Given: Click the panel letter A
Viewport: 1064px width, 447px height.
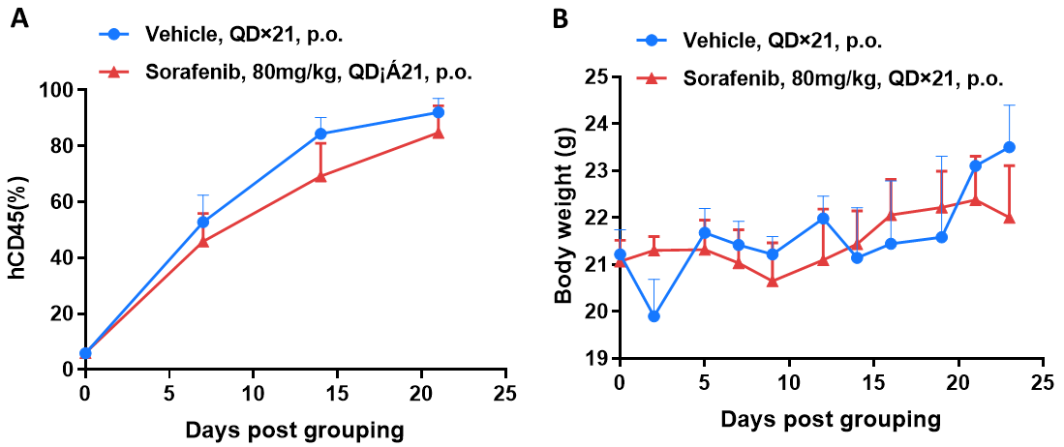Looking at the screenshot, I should click(x=17, y=18).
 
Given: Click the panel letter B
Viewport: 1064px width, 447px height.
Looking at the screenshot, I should click(x=560, y=18).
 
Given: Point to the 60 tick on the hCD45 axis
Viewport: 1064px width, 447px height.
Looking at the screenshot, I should click(x=64, y=202).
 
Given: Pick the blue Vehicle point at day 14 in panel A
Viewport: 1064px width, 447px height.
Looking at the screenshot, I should click(x=320, y=134).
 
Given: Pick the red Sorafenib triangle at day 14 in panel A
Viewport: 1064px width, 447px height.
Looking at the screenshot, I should click(x=320, y=176).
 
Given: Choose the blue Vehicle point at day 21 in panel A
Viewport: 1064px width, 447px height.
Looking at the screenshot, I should click(x=438, y=112).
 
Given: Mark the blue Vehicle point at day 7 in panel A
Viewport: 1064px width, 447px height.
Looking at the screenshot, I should click(x=203, y=222).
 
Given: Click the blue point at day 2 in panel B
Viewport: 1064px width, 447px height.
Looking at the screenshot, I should click(x=654, y=316).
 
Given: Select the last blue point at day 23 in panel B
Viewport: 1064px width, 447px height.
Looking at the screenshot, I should click(x=1009, y=147).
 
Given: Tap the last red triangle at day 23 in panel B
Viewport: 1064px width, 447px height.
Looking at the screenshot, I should click(x=1009, y=218).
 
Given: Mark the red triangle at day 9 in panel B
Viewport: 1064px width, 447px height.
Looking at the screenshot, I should click(x=772, y=281).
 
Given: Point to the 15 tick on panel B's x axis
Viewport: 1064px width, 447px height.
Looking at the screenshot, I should click(x=873, y=383).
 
